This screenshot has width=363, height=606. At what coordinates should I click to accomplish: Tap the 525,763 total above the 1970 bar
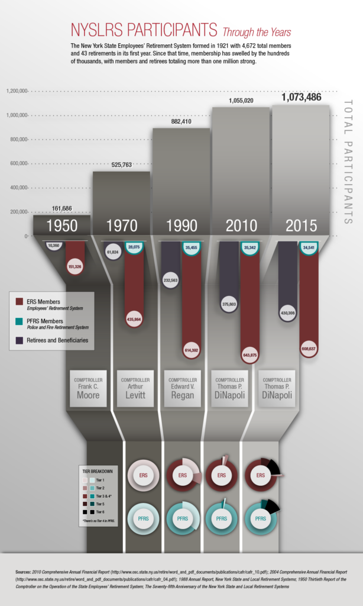[121, 165]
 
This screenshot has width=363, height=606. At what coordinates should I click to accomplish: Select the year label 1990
[181, 225]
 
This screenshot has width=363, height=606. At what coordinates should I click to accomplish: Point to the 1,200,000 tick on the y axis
[15, 91]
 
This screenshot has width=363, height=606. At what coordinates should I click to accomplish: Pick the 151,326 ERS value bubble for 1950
[74, 267]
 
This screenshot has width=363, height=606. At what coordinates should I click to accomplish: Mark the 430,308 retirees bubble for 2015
[287, 312]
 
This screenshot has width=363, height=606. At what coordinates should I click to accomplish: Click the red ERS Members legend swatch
[19, 302]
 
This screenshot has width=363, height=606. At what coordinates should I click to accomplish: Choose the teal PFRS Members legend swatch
[19, 321]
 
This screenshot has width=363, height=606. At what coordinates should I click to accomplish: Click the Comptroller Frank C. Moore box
[87, 388]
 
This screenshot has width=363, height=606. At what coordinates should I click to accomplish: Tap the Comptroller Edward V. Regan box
[181, 388]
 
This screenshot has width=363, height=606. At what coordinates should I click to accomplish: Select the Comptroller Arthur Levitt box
[135, 388]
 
